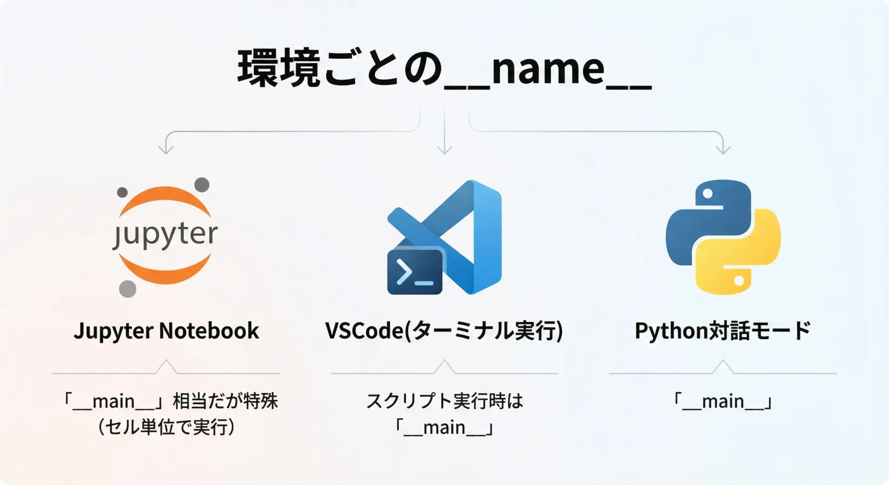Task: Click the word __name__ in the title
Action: point(548,69)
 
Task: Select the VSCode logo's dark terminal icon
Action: point(415,272)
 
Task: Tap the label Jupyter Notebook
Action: point(166,331)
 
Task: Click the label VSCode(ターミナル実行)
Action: point(444,331)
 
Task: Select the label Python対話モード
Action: point(722,331)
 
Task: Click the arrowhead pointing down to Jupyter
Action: point(166,149)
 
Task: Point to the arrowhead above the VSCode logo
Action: point(444,149)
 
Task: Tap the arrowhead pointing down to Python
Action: point(723,149)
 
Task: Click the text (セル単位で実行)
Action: point(166,427)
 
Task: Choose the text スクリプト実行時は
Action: point(444,401)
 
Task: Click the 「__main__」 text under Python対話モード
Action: point(723,401)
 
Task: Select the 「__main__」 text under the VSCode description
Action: point(444,427)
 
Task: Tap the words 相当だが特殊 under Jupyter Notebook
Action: point(225,401)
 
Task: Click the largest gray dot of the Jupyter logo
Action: point(128,289)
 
